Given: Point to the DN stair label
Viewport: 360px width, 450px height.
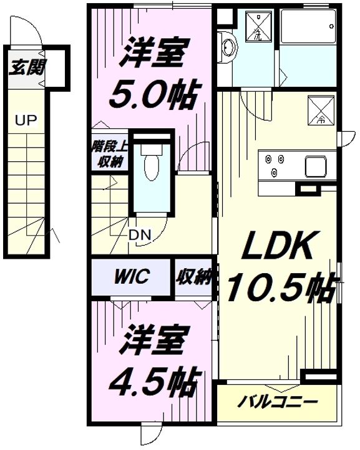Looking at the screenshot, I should click(139, 236).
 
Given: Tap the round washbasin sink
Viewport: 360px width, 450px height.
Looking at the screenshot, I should click(228, 46).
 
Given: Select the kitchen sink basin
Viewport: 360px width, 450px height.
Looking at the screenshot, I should click(316, 166).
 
